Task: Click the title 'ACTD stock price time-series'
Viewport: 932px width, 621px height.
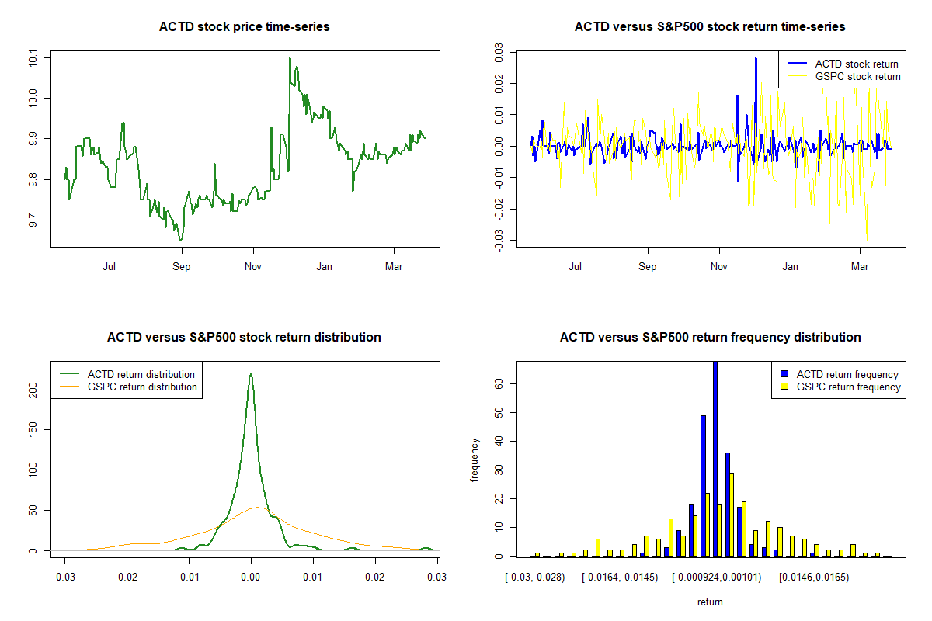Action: click(244, 27)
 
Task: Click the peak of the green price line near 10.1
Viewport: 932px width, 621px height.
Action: click(290, 58)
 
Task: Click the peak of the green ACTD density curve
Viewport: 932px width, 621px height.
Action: click(250, 374)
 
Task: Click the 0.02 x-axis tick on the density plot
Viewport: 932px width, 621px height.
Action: click(375, 578)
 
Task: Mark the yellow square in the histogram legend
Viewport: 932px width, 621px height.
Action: click(785, 387)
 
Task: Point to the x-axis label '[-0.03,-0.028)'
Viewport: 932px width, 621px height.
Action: click(535, 578)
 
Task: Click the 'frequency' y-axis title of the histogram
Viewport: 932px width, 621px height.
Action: click(475, 460)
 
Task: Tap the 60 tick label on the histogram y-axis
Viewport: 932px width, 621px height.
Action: click(499, 383)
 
